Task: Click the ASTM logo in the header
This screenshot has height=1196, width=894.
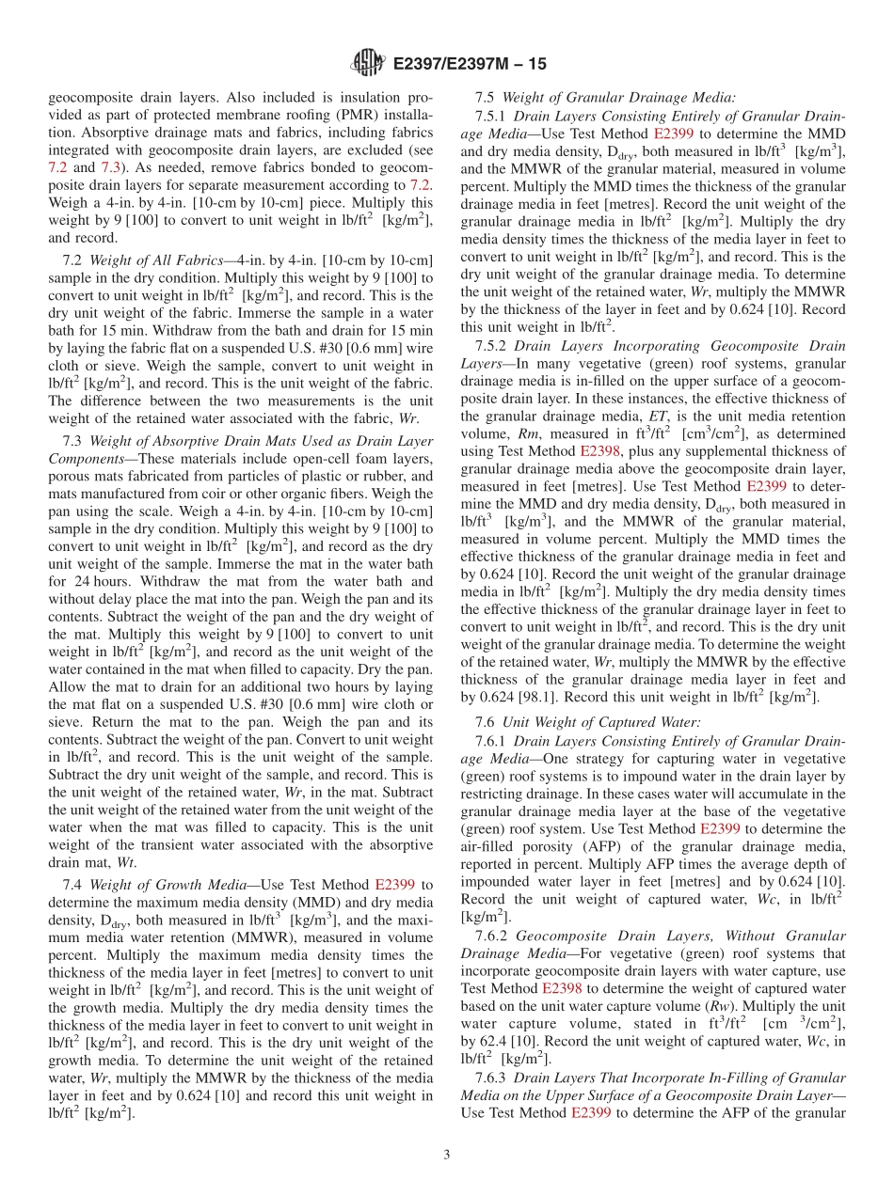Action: [x=367, y=63]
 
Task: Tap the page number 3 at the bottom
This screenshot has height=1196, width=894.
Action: [x=447, y=1156]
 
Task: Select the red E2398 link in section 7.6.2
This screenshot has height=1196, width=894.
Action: [x=562, y=988]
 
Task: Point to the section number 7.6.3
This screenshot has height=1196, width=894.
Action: [x=490, y=1078]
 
